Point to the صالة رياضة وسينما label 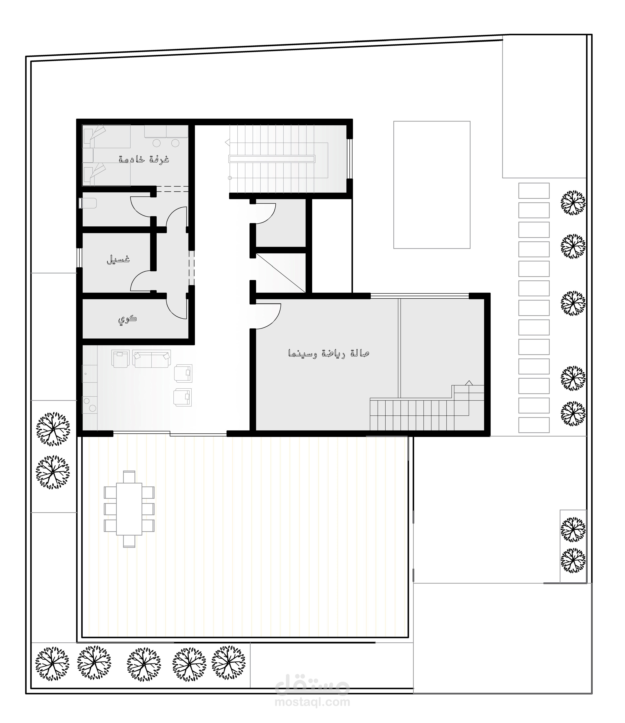[329, 354]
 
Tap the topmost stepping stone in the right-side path [534, 191]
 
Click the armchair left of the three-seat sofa [120, 359]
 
